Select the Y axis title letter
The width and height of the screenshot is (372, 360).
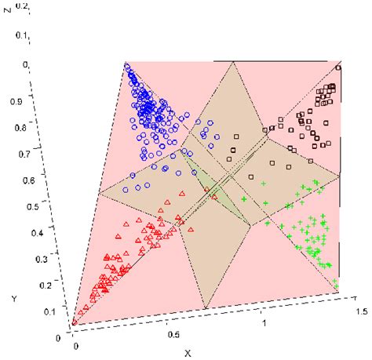(14, 299)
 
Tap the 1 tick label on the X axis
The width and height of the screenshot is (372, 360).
(264, 322)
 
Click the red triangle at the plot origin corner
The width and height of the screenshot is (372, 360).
(74, 320)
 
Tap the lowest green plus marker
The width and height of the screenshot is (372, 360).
(334, 282)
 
